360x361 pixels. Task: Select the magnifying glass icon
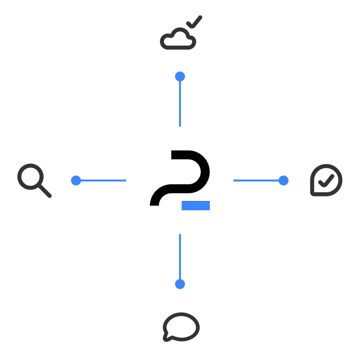[x=33, y=180]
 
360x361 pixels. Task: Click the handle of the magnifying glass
[x=45, y=191]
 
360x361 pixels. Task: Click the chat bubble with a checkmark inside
[x=326, y=180]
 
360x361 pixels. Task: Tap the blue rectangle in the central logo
[x=195, y=206]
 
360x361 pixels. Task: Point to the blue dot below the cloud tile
[x=180, y=76]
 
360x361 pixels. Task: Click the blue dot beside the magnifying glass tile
[x=76, y=180]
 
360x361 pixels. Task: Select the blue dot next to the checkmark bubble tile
[x=284, y=180]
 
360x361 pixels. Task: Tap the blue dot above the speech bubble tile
[x=180, y=284]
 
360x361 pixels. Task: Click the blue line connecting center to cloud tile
[x=180, y=102]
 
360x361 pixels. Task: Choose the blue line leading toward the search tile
[x=102, y=180]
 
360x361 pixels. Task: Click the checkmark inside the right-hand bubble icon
[x=326, y=180]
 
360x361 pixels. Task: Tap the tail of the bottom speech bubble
[x=167, y=336]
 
